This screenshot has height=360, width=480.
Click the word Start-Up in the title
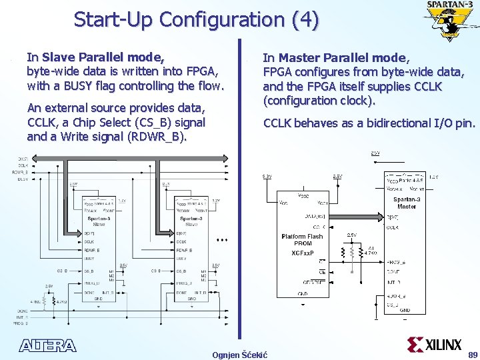[113, 19]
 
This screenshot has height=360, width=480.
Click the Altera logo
[48, 345]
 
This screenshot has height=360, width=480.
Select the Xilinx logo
[434, 344]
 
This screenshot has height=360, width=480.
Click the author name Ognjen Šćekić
[239, 354]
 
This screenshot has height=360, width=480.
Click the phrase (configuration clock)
[320, 101]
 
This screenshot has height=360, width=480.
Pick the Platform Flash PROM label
[303, 240]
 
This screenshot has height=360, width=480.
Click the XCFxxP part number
[303, 253]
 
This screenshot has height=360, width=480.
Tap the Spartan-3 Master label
[406, 203]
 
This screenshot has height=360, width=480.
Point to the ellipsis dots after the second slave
[223, 239]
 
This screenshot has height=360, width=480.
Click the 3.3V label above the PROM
[266, 177]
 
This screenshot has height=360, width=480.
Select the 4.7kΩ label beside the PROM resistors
[370, 253]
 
